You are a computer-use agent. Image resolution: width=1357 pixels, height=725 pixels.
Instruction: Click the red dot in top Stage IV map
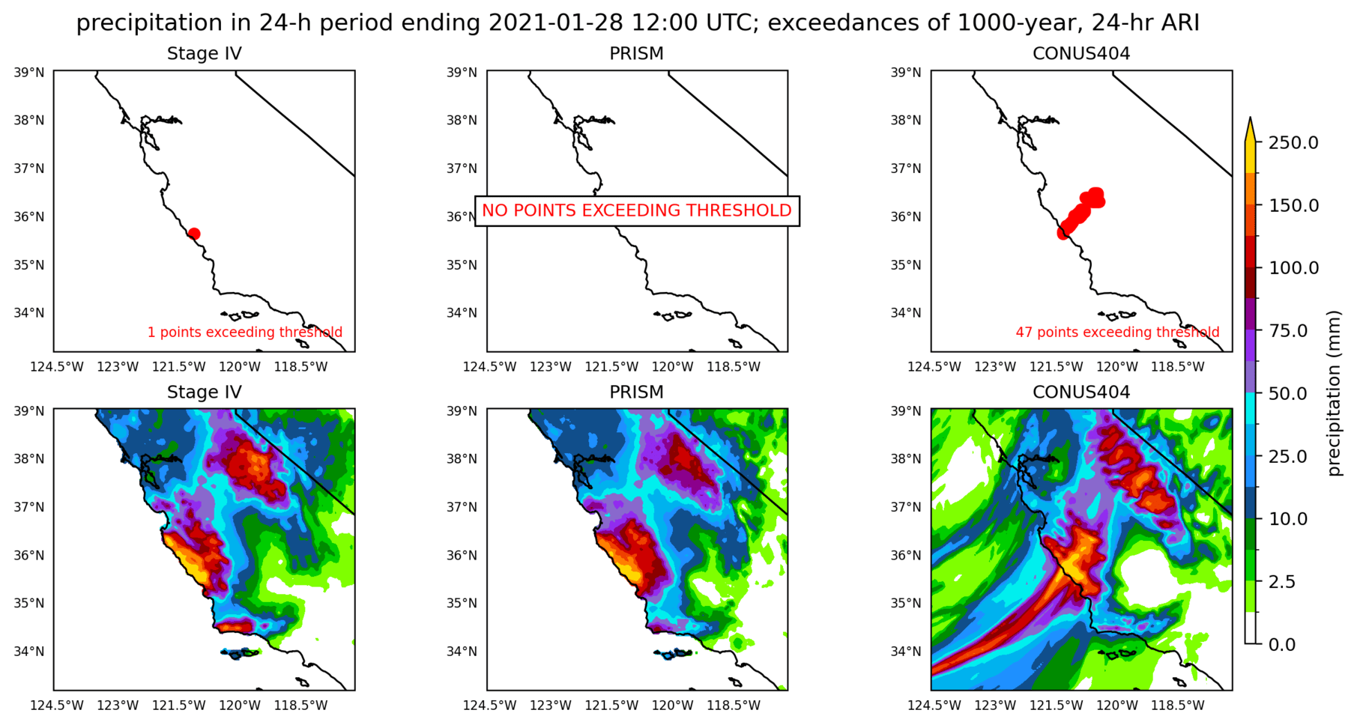pos(194,234)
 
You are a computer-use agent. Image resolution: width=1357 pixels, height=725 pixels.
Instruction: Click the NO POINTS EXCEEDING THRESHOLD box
pos(636,210)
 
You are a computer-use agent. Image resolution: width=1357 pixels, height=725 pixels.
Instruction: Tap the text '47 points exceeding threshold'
pos(1117,332)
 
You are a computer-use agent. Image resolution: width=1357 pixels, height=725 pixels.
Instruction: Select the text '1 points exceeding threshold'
pos(244,332)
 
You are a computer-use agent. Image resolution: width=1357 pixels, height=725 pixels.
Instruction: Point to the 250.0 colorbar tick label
pos(1293,143)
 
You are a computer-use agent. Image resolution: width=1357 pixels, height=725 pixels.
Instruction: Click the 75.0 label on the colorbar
pos(1293,331)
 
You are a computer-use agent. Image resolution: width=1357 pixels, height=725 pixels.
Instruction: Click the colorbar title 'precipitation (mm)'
pos(1333,393)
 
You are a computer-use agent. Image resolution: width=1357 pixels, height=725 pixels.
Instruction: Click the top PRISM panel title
pos(636,54)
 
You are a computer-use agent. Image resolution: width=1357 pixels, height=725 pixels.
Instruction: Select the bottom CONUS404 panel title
pos(1081,392)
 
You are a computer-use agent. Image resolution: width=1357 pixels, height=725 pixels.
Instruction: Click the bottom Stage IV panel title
pos(204,392)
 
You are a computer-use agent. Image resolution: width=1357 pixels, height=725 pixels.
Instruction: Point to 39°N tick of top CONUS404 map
pos(905,73)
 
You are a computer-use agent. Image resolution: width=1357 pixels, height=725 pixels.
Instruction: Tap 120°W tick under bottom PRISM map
pos(672,705)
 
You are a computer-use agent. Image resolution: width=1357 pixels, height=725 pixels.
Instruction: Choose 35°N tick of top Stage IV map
pos(29,265)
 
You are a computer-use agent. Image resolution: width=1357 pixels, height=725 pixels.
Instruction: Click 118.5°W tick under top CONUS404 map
pos(1177,366)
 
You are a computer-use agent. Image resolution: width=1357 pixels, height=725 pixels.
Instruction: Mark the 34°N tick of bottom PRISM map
pos(462,652)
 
